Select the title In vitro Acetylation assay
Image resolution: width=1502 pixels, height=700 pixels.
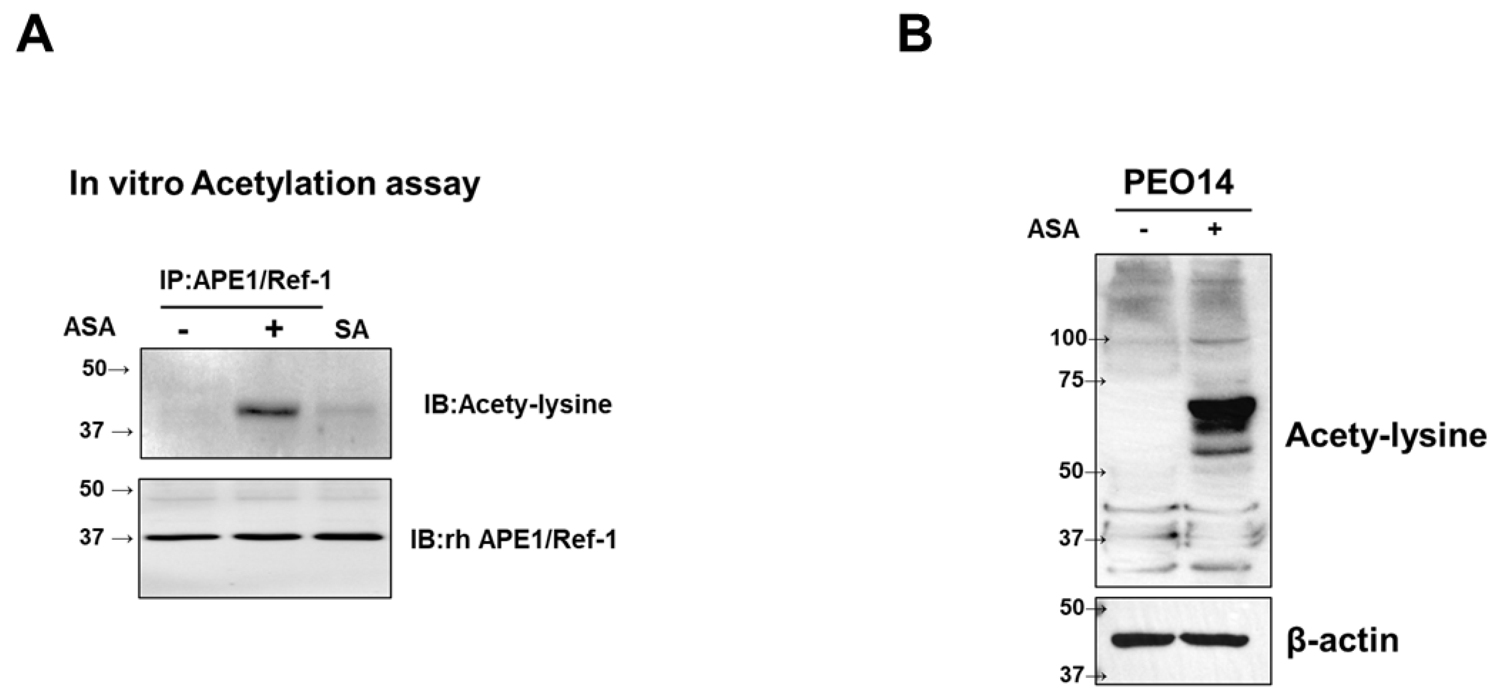275,184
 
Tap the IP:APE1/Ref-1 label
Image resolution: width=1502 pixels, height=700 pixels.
245,281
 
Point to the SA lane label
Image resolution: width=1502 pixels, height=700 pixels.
352,330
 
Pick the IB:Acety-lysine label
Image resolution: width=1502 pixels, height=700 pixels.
518,404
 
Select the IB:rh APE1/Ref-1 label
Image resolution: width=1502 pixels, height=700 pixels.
513,540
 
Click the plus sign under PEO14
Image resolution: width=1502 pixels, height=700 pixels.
1215,229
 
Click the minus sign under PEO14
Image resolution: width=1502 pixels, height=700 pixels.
1144,230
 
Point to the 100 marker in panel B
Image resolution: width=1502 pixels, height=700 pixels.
1068,337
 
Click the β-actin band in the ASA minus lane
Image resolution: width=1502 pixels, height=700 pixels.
1143,640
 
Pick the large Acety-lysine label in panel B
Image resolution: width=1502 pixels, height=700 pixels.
1385,435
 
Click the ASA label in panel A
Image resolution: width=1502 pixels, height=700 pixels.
89,328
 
